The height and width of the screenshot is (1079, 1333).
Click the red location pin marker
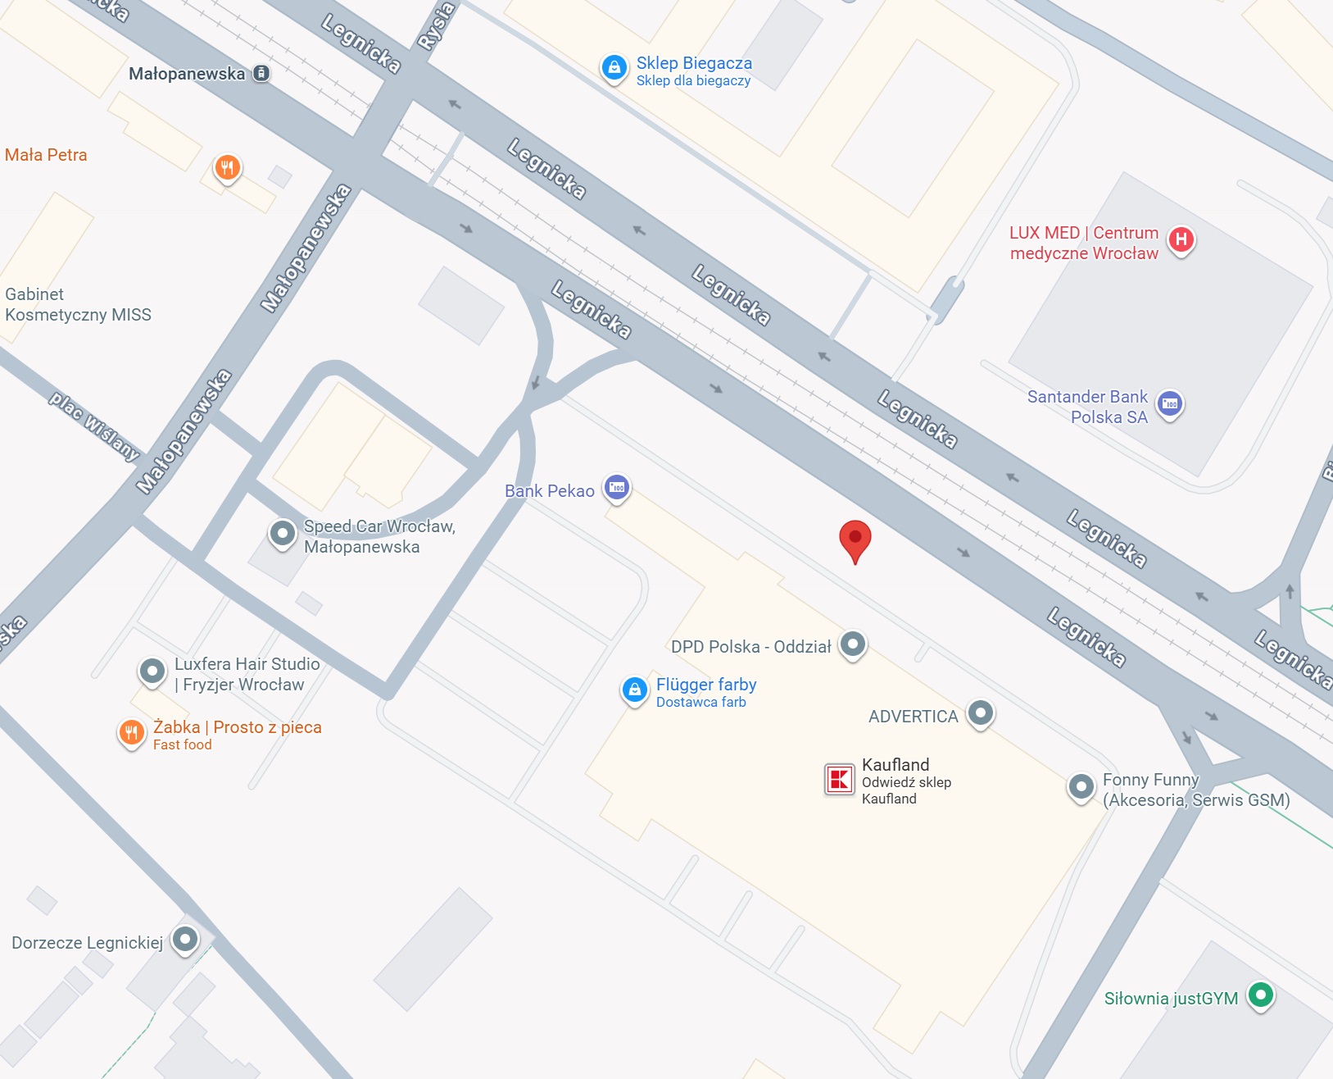pyautogui.click(x=855, y=539)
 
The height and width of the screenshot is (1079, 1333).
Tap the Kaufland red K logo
pyautogui.click(x=839, y=779)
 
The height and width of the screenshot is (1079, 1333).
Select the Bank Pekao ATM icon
pyautogui.click(x=617, y=488)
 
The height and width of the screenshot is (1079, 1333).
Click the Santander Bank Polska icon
pyautogui.click(x=1170, y=403)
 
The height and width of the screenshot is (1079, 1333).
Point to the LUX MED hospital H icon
pyautogui.click(x=1181, y=239)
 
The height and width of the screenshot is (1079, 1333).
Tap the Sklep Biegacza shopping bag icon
pyautogui.click(x=614, y=68)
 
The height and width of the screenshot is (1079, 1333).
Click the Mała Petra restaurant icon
pyautogui.click(x=227, y=168)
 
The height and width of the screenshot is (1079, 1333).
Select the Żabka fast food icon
pyautogui.click(x=131, y=733)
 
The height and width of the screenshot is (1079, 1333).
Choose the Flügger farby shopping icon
pyautogui.click(x=635, y=690)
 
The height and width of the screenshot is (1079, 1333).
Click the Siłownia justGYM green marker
pyautogui.click(x=1261, y=995)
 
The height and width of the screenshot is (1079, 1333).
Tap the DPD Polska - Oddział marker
pyautogui.click(x=853, y=644)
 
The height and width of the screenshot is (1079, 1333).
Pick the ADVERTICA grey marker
pyautogui.click(x=981, y=713)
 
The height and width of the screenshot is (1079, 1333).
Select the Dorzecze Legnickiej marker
pyautogui.click(x=185, y=939)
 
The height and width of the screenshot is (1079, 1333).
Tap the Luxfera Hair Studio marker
pyautogui.click(x=152, y=672)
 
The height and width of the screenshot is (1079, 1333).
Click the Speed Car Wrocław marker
pyautogui.click(x=282, y=534)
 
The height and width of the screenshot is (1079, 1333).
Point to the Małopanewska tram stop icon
pyautogui.click(x=261, y=73)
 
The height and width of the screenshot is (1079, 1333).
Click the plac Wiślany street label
pyautogui.click(x=93, y=425)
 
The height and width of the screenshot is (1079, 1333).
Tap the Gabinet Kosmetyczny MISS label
pyautogui.click(x=78, y=304)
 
